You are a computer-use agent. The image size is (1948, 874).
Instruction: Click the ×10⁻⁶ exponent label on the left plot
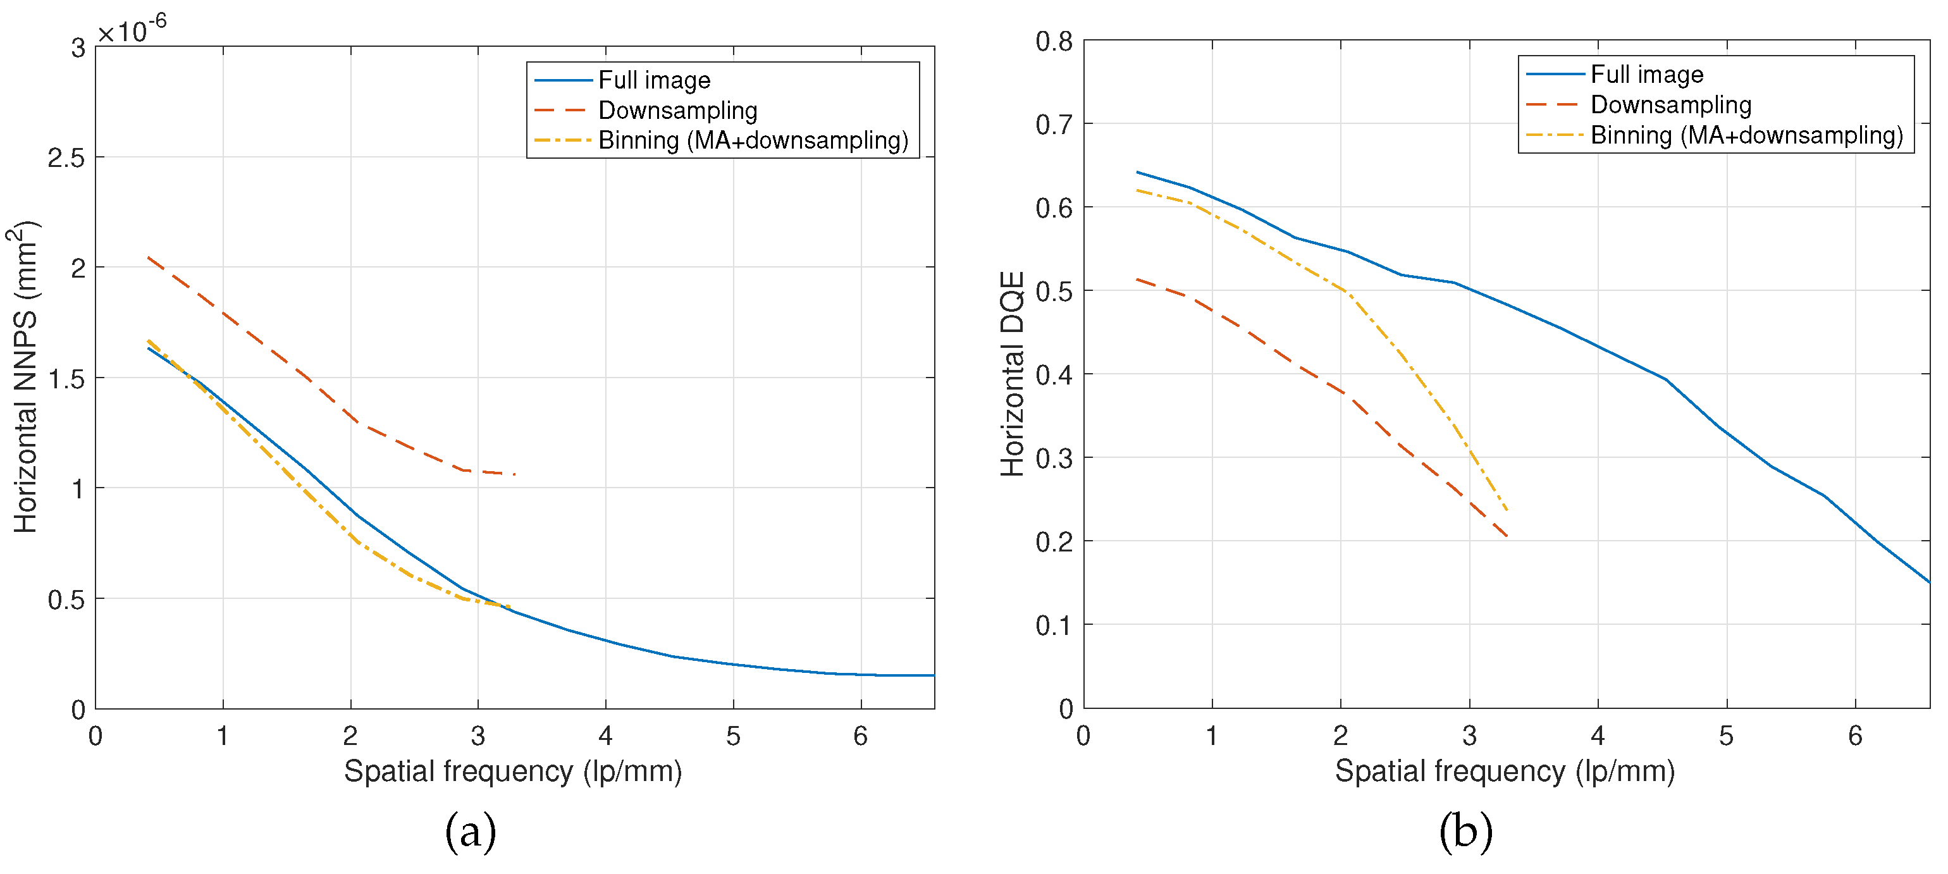tap(133, 30)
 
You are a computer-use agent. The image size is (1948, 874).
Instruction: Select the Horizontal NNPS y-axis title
tap(25, 376)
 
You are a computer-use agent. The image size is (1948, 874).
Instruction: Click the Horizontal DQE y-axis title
tap(1012, 374)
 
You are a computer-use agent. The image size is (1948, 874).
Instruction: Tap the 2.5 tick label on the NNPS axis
tap(66, 158)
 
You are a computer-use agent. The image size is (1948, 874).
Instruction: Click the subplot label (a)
tap(471, 831)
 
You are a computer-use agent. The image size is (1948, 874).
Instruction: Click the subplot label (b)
tap(1465, 831)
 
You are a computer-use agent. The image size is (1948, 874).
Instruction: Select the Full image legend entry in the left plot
tap(654, 80)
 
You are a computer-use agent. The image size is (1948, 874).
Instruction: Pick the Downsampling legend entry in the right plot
tap(1670, 104)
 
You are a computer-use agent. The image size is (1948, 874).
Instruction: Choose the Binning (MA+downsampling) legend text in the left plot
tap(753, 140)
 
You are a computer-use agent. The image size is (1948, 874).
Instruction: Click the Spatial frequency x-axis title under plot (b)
tap(1504, 771)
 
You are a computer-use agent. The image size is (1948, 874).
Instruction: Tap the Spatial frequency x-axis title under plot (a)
tap(513, 771)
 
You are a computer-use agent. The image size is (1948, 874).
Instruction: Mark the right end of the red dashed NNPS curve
tap(515, 474)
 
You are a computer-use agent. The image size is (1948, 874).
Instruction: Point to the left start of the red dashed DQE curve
tap(1137, 280)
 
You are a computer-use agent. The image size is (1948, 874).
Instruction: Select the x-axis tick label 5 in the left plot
tap(733, 736)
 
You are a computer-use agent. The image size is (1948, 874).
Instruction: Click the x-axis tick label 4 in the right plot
tap(1597, 736)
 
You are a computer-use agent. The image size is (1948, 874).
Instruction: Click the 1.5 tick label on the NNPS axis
tap(66, 379)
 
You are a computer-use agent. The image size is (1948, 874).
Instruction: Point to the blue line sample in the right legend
tap(1555, 74)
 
